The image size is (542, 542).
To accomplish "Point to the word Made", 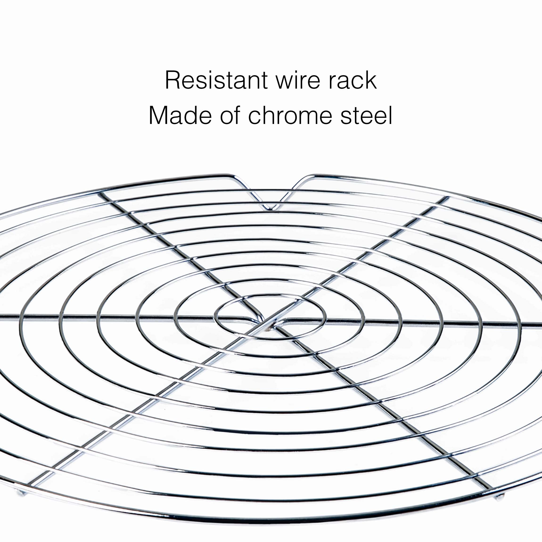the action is tap(180, 115).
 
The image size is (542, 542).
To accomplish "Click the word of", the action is tap(230, 115).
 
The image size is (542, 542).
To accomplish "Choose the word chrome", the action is tap(290, 115).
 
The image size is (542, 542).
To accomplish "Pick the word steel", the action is tap(366, 115).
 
